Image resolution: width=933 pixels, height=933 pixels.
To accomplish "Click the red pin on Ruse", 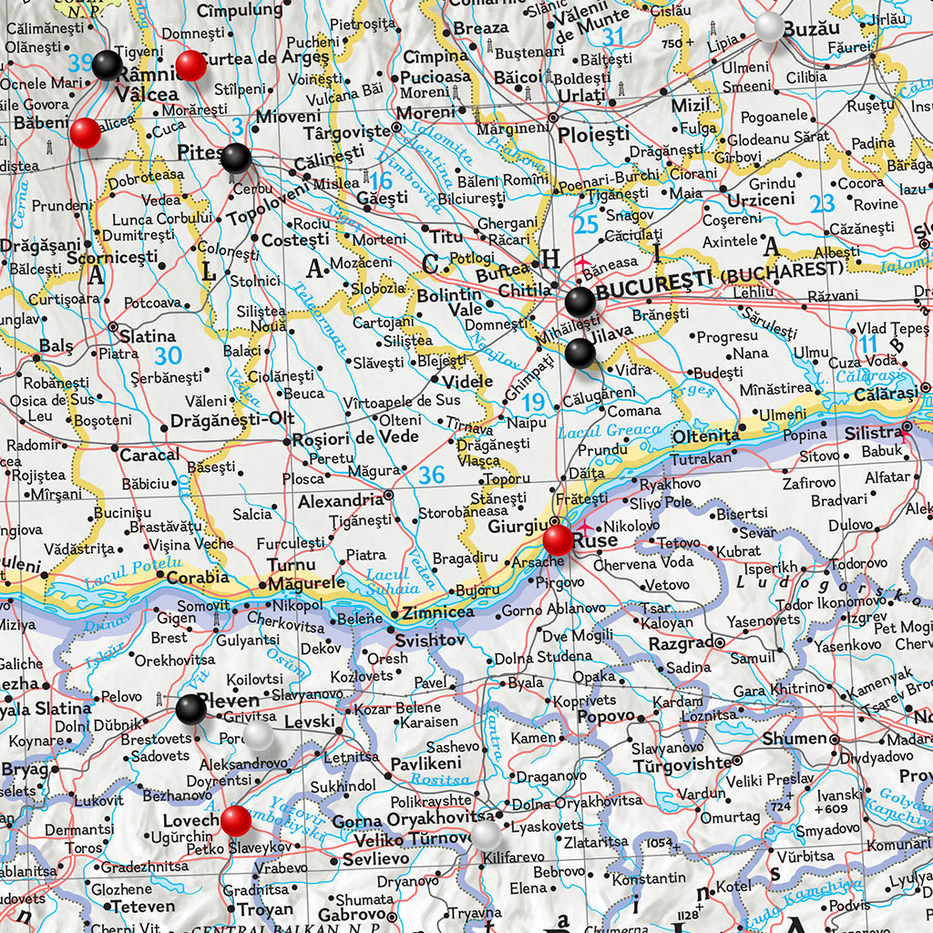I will point(558,539).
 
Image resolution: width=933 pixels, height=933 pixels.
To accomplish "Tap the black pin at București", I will point(579,301).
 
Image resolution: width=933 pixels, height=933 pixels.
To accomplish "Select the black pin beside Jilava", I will point(579,353).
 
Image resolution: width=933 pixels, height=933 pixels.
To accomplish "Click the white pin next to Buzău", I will point(769,26).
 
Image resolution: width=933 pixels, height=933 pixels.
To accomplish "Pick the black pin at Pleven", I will point(190,708).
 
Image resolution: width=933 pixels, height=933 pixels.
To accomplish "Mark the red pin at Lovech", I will point(235,820).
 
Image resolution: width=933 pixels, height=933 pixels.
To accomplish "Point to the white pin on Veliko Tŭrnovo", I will point(485,834).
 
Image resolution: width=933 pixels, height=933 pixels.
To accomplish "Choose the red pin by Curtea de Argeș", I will point(190,65).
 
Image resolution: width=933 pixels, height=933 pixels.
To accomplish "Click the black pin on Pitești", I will point(235,158).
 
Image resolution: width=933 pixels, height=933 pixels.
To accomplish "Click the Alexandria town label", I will point(341,500).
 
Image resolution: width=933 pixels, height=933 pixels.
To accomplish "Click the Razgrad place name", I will point(681,644).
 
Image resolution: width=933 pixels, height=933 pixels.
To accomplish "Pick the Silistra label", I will point(873,433).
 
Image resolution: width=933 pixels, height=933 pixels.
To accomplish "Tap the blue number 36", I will point(432,474).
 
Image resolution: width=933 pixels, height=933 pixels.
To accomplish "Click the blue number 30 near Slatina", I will point(168,356).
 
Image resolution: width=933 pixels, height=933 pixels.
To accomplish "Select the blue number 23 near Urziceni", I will point(822,203).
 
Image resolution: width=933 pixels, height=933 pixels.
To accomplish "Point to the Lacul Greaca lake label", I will point(610,431).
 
